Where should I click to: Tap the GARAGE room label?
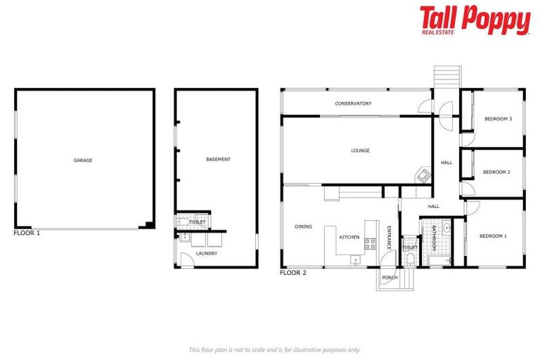(83, 160)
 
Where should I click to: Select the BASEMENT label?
(218, 160)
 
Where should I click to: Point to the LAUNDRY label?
(207, 253)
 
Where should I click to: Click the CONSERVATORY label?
(353, 104)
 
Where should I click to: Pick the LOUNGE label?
(360, 150)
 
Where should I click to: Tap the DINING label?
(303, 227)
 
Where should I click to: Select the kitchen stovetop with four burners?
(370, 244)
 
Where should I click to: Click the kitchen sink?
(356, 261)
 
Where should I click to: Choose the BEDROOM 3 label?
(498, 119)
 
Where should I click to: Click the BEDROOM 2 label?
(496, 172)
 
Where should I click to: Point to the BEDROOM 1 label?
(492, 236)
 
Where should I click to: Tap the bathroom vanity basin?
(446, 229)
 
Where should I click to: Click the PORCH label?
(390, 278)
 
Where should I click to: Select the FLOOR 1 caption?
(27, 233)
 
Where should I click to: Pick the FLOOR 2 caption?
(293, 273)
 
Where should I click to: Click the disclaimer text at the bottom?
(274, 349)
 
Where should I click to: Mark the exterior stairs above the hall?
(445, 76)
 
